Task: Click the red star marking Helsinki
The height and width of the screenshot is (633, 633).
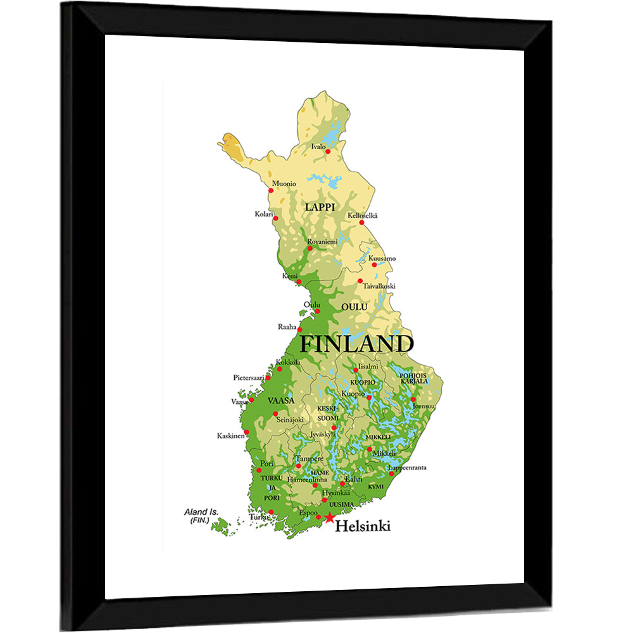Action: [329, 518]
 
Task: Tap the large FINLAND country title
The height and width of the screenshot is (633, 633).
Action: [356, 344]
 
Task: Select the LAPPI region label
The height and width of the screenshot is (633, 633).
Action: [320, 207]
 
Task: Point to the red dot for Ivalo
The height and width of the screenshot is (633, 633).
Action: [328, 151]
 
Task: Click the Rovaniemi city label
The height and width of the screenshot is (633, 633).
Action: [322, 241]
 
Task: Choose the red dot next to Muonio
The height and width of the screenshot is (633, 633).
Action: [271, 190]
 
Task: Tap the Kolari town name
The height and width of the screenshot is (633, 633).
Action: [263, 214]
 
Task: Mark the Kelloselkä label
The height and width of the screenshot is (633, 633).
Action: [362, 215]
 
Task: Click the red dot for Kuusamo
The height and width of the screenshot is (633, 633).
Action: [374, 265]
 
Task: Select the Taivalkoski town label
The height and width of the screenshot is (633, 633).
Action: [379, 286]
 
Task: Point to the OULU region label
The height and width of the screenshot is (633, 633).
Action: [354, 307]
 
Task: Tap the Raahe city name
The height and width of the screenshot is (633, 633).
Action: [287, 327]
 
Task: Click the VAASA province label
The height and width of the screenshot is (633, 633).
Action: [280, 401]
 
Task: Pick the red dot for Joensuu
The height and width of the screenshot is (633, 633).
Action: [413, 399]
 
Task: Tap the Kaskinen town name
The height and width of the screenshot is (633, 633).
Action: [230, 436]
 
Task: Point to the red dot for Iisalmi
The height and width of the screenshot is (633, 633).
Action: [356, 370]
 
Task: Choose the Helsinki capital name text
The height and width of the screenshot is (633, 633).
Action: [363, 525]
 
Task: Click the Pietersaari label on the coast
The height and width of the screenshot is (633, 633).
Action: [248, 377]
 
